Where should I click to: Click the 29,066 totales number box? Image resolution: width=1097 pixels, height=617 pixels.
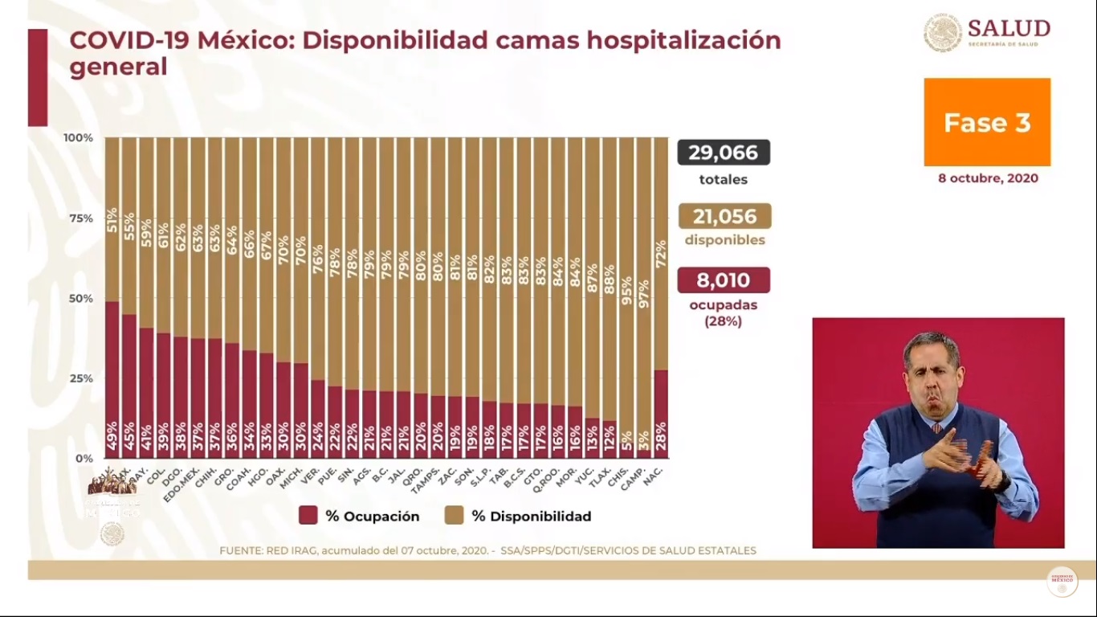[724, 153]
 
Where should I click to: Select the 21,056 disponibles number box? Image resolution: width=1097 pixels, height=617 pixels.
[724, 216]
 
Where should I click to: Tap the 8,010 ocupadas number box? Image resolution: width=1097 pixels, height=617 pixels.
[724, 280]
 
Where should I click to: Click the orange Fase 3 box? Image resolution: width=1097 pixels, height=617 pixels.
[987, 122]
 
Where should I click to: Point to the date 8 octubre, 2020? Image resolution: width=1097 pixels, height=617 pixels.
[988, 178]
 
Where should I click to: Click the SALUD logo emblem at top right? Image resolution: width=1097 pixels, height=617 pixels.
[942, 33]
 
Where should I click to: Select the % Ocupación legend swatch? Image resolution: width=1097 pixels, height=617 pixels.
[308, 516]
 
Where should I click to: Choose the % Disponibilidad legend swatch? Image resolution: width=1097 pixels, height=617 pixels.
[454, 516]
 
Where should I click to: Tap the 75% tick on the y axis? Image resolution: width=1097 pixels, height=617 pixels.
[79, 218]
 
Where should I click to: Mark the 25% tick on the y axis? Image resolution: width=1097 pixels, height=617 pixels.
[79, 378]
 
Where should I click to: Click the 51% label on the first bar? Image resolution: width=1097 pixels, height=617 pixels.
[112, 219]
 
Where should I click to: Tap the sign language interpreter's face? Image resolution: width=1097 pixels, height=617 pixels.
[932, 370]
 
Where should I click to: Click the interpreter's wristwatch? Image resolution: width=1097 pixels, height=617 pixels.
[1005, 481]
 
